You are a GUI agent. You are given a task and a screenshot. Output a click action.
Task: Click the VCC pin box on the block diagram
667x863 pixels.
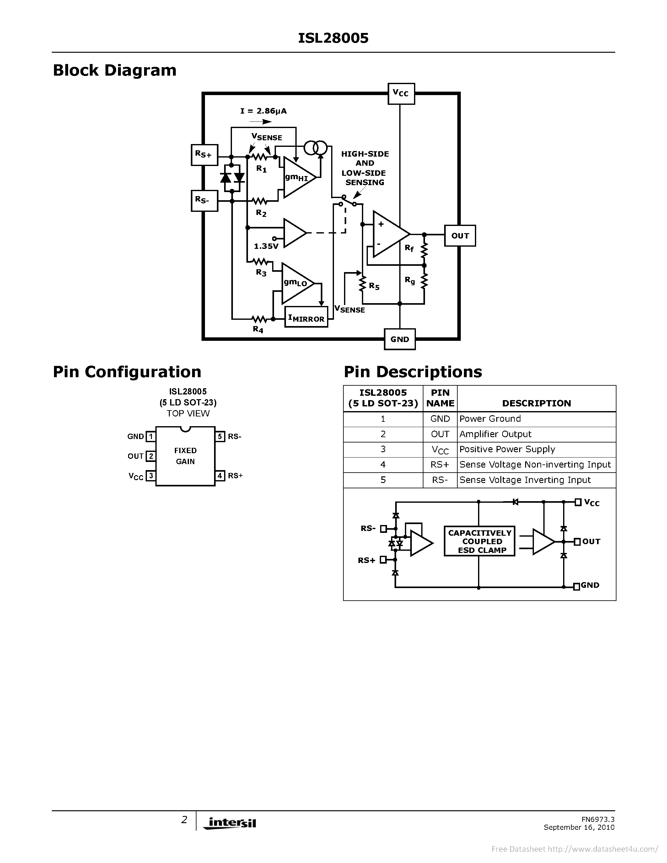point(401,94)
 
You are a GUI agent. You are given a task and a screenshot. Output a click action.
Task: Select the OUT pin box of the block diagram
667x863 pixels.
point(460,236)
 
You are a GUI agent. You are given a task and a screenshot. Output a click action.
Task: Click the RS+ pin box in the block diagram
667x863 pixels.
point(204,155)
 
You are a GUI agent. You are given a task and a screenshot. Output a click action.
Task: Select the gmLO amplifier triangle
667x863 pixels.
point(296,283)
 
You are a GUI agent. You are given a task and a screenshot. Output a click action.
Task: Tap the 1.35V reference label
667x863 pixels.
point(266,246)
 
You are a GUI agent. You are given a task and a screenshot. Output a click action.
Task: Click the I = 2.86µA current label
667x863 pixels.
point(263,111)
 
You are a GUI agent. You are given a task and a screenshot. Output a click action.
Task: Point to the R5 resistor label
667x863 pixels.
point(374,286)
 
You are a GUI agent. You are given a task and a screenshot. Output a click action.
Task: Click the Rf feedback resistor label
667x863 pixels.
point(409,248)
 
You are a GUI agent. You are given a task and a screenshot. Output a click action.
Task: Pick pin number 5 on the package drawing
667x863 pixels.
point(220,437)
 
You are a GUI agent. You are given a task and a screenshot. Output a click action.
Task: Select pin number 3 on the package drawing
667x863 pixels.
point(151,476)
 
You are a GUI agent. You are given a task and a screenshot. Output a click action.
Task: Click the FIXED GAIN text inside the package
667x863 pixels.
point(185,456)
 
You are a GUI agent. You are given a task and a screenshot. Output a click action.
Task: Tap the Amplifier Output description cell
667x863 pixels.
point(496,434)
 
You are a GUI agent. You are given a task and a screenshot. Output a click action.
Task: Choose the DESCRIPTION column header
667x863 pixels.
point(536,403)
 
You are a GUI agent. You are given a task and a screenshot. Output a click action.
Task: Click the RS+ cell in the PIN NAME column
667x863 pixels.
point(440,465)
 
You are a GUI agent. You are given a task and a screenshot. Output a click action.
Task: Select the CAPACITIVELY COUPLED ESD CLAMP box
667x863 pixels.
point(479,541)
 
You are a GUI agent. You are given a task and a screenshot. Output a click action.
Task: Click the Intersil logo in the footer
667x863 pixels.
point(229,823)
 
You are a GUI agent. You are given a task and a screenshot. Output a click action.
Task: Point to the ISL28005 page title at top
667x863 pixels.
point(333,38)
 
